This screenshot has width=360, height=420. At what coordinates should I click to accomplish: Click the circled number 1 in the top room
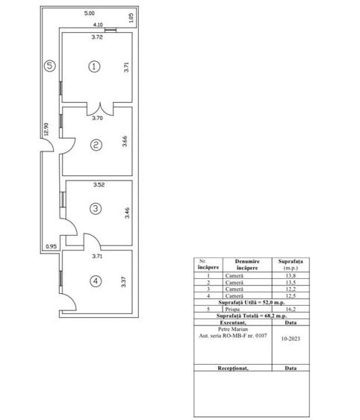94,66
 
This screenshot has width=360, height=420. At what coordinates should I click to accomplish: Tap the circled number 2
96,145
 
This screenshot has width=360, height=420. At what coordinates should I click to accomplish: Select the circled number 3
96,209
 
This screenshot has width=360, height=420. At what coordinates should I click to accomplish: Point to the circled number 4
96,281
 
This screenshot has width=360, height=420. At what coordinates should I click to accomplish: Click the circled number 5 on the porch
49,66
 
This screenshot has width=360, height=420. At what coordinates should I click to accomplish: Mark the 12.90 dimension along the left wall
46,130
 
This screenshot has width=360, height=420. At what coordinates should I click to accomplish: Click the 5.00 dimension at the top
89,13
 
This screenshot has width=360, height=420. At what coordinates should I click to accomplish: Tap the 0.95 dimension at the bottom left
51,246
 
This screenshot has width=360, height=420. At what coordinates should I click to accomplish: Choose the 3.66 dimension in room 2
124,142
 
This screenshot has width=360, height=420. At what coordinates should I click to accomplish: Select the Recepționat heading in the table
232,368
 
